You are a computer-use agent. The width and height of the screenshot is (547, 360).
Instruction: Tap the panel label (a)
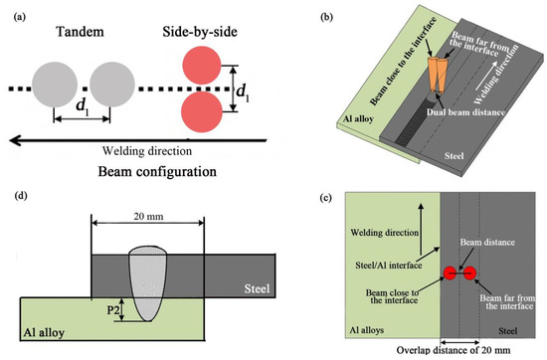[13, 11]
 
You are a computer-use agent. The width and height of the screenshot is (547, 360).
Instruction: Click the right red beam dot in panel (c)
[469, 272]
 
